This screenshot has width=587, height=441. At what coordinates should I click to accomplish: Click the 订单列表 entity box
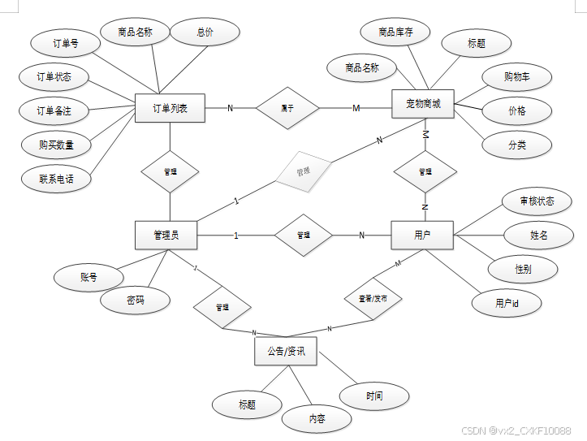point(170,108)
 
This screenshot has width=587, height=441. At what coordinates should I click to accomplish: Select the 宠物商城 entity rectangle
point(422,105)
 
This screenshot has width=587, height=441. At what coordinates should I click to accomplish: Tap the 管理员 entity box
point(166,236)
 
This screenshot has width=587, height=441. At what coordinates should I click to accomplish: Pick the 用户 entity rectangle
point(422,236)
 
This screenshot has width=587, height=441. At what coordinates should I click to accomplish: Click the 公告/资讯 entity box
point(285,351)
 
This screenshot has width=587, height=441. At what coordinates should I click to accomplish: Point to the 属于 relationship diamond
point(287,108)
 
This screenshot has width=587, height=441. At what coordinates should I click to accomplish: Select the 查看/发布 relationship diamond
point(373,298)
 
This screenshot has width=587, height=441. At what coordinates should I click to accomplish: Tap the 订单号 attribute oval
point(64,44)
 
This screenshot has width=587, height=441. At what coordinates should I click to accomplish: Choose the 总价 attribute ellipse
point(205,32)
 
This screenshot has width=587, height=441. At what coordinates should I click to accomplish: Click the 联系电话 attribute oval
point(56,178)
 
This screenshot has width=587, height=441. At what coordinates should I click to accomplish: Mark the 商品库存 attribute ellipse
point(395,32)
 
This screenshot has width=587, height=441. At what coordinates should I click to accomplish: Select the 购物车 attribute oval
point(516,77)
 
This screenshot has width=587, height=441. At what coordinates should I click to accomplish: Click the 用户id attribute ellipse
point(507,303)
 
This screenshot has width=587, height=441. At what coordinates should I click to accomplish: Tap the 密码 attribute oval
point(136,300)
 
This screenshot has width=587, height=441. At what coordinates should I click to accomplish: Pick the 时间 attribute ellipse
point(373,396)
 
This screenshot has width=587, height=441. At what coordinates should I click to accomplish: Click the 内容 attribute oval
point(317,419)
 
